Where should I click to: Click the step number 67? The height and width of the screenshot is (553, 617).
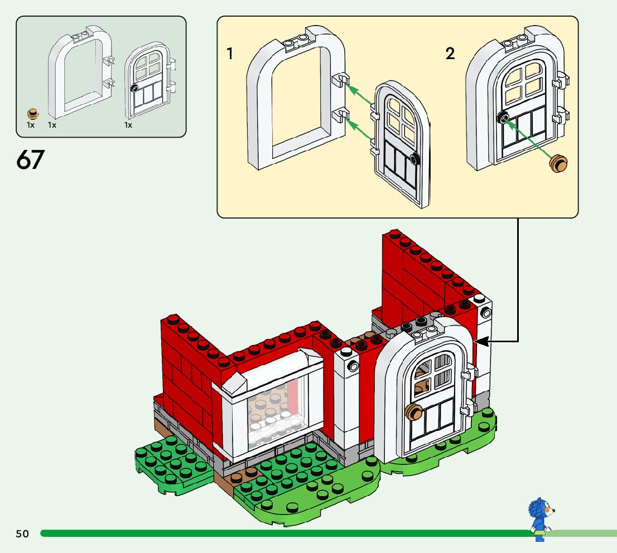30,159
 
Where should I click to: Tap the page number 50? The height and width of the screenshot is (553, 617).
22,534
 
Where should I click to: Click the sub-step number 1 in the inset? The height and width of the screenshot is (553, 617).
230,54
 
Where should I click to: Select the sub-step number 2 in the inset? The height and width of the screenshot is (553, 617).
450,54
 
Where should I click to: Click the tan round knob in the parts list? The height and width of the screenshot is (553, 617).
34,114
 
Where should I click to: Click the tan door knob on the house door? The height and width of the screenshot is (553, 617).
414,413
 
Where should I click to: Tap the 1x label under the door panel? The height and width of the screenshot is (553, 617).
128,125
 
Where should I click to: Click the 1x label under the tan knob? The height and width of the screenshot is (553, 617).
31,125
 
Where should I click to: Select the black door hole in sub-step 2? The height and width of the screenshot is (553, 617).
502,117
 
